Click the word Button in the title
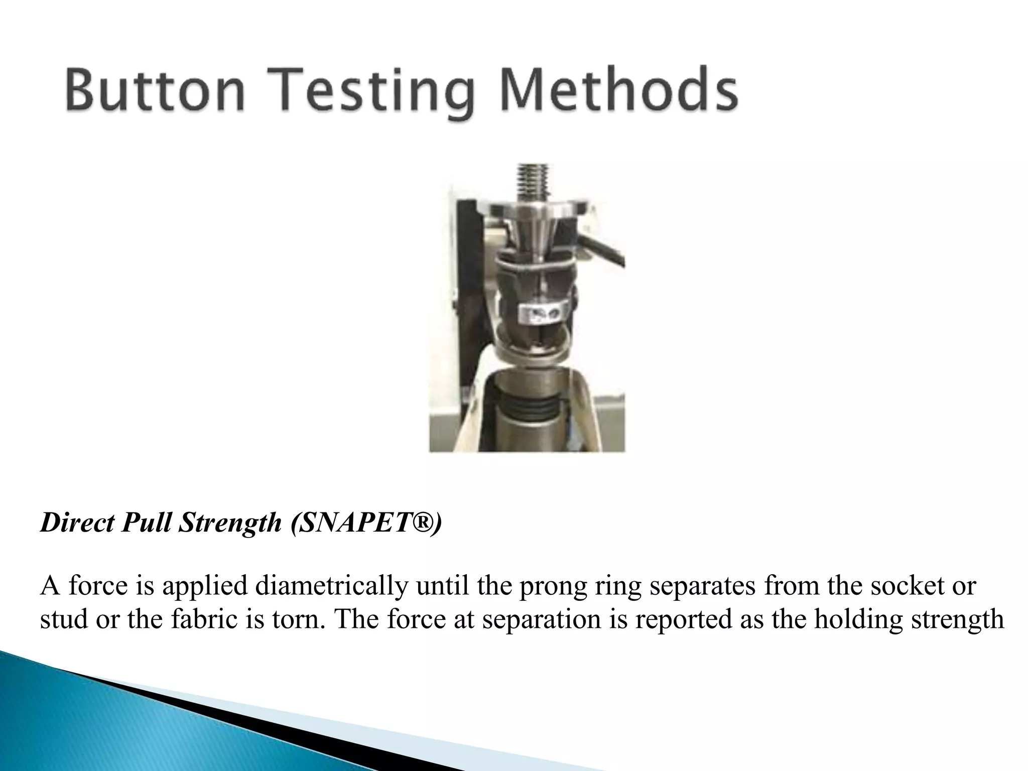click(155, 93)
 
